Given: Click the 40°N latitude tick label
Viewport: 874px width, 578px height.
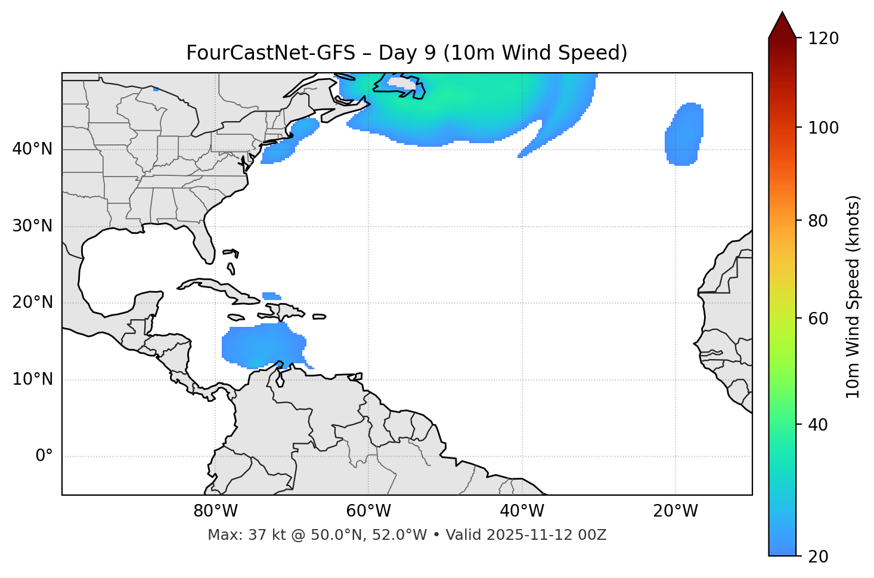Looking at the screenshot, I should (x=32, y=149).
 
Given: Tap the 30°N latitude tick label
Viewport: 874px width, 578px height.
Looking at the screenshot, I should (x=32, y=226).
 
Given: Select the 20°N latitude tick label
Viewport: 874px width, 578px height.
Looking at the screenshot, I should (x=32, y=302).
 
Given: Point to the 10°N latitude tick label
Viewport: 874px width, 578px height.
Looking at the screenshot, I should (x=32, y=379).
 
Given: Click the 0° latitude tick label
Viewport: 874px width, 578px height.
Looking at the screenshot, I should (x=44, y=456).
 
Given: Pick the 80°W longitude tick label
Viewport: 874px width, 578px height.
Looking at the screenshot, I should (x=215, y=511).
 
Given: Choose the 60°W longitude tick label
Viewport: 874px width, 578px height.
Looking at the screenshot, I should (x=368, y=511).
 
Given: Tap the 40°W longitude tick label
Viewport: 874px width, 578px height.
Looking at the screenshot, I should (x=522, y=511).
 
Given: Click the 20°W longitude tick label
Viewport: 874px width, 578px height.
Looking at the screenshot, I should (x=675, y=511).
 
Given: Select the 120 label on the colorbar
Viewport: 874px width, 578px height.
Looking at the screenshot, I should (x=823, y=39).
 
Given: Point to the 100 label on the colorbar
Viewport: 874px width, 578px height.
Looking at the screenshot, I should (x=823, y=128).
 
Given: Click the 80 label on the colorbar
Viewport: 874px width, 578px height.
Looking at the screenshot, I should (x=818, y=221).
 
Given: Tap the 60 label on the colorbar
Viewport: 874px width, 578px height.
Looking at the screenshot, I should (x=818, y=319).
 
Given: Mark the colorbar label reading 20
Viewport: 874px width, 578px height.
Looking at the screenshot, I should (x=818, y=557).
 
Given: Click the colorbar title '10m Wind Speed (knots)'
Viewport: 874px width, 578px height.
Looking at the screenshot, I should (x=853, y=296).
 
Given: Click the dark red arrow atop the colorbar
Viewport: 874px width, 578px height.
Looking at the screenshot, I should (x=782, y=25).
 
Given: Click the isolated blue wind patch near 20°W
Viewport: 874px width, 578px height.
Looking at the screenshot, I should (x=684, y=134).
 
